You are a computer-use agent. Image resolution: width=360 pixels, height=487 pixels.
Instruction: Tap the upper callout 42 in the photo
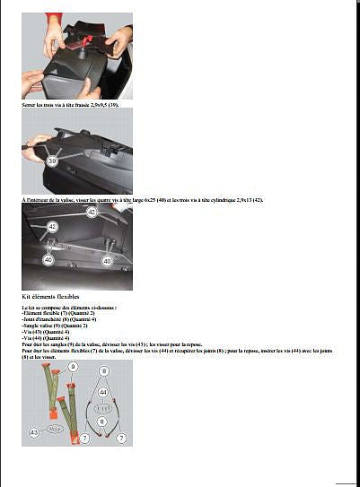(92, 212)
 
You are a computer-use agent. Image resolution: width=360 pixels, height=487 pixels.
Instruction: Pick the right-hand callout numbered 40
(107, 261)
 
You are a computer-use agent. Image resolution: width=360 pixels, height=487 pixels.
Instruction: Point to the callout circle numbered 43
(33, 432)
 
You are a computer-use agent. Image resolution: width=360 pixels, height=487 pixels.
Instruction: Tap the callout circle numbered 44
(103, 392)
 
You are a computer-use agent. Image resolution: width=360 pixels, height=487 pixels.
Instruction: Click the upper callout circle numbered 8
(103, 370)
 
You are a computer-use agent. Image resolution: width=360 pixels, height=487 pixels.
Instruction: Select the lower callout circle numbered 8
(101, 421)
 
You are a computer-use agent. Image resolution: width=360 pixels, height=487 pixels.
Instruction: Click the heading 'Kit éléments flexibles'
(50, 296)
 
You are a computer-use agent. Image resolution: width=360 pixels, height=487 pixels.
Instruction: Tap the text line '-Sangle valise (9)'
(53, 325)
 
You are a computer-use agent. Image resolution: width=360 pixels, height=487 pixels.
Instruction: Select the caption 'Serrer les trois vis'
(70, 106)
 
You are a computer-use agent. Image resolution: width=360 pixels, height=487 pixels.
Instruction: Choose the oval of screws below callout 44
(103, 406)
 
